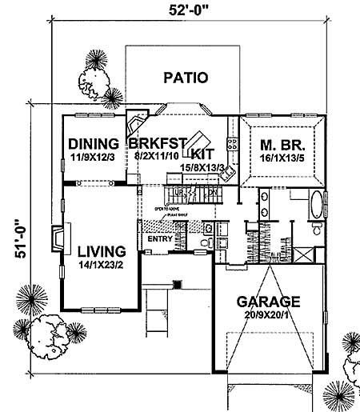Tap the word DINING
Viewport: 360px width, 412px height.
point(93,144)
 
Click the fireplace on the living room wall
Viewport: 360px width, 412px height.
point(55,238)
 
